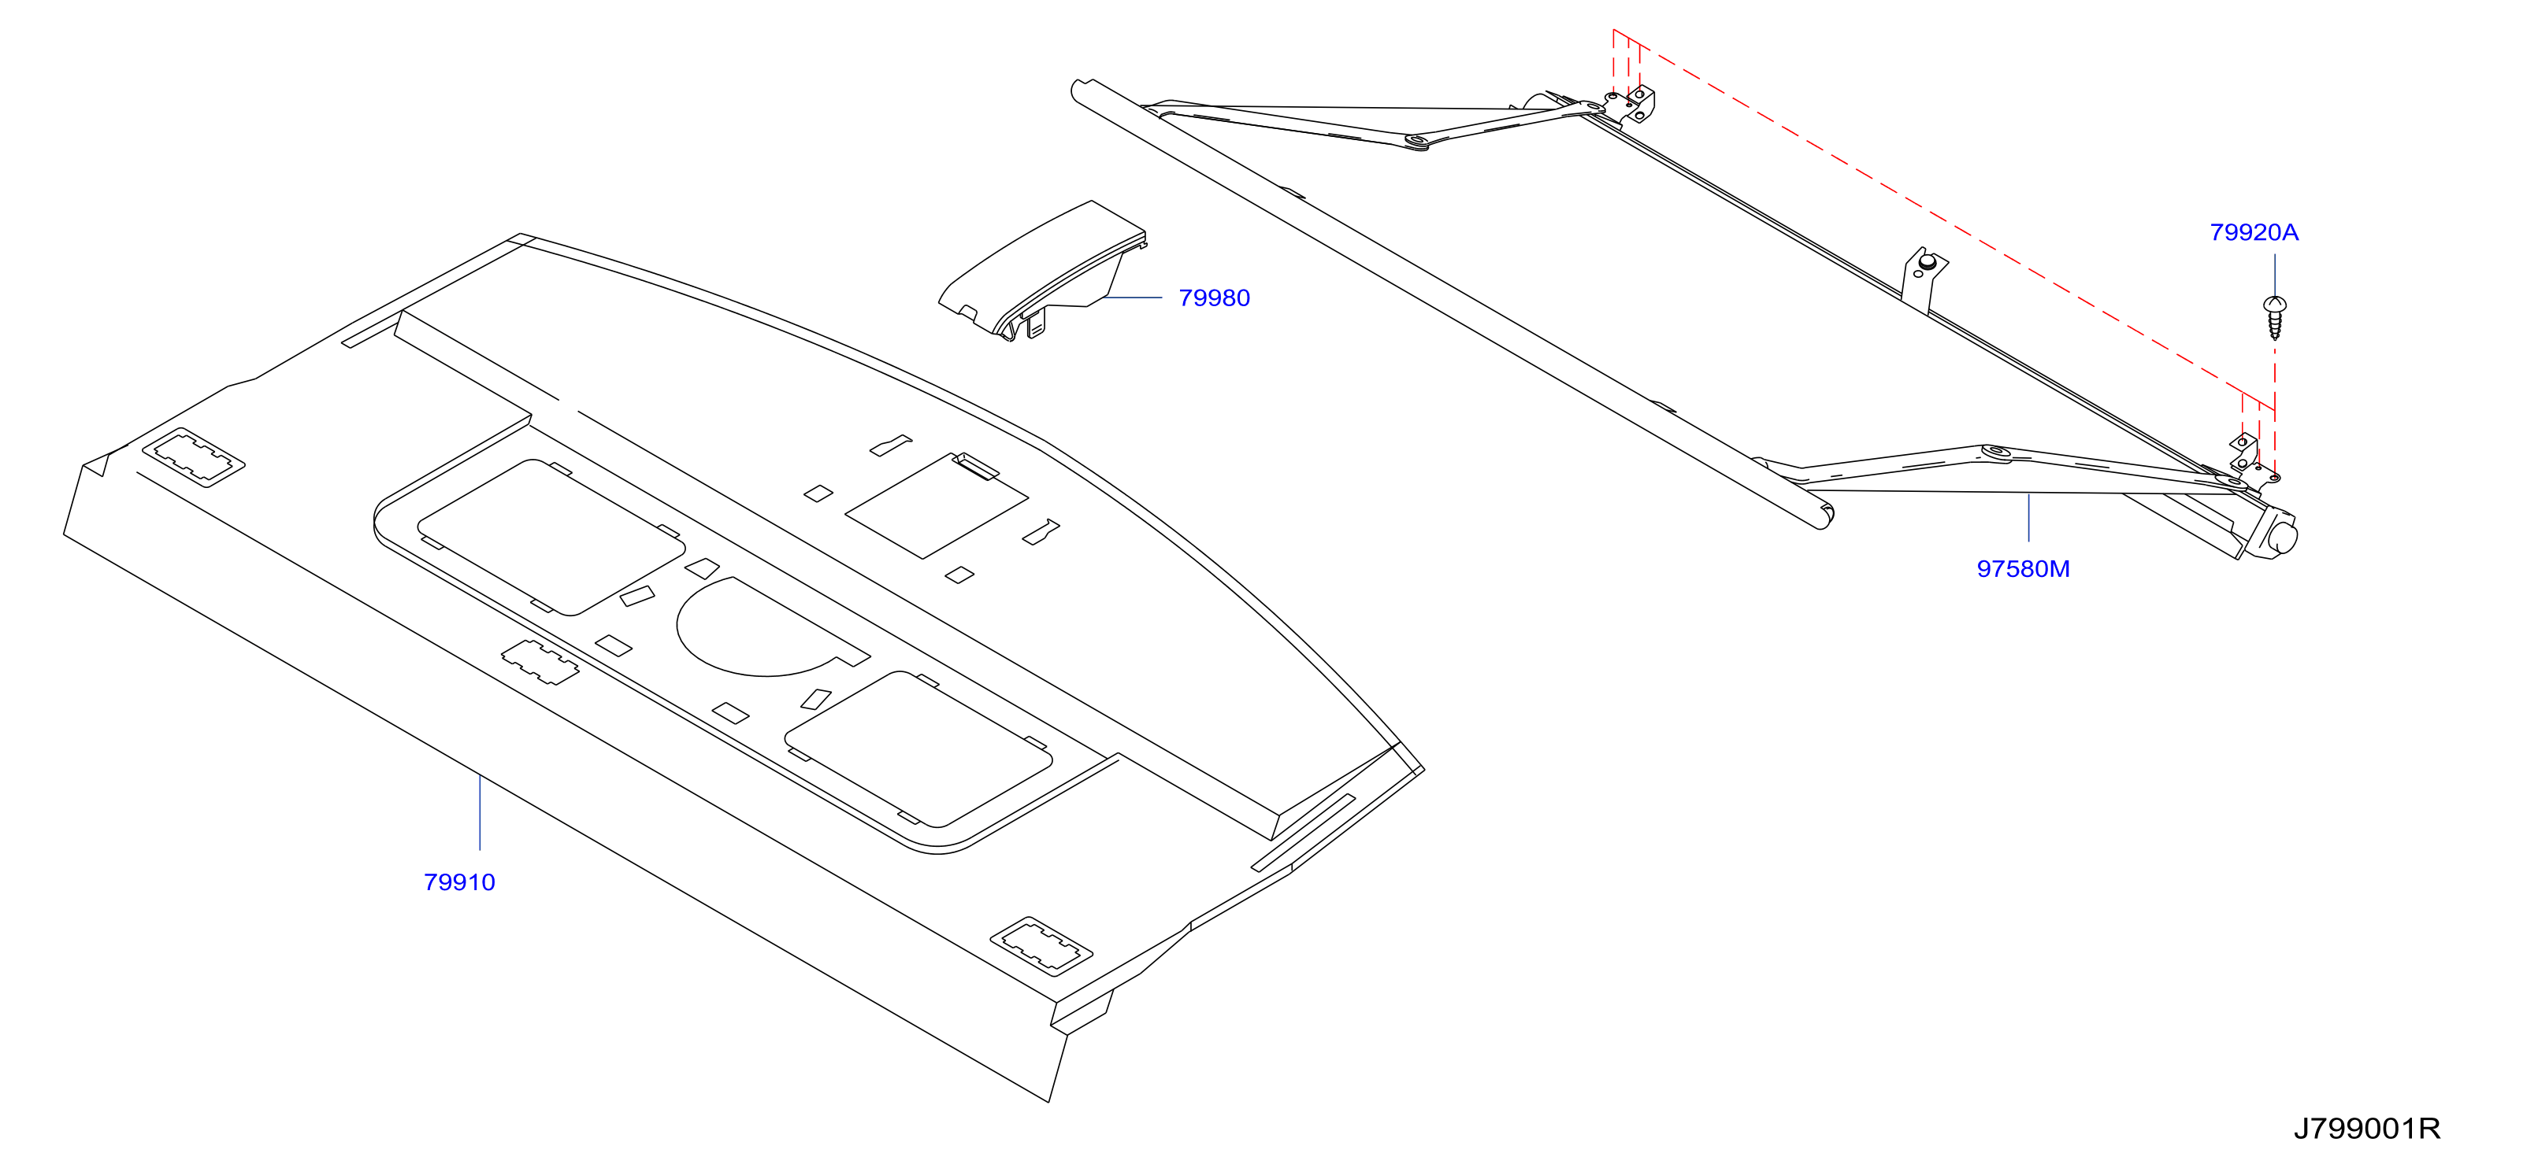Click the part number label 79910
pos(459,882)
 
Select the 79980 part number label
pos(1214,298)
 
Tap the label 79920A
pos(2254,232)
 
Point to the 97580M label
pos(2023,568)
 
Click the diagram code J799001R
pos(2366,1128)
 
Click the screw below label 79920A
pos(2274,317)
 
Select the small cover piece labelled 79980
pos(1042,271)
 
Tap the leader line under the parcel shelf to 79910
pos(480,812)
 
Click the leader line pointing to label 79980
pos(1133,297)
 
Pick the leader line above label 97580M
pos(2028,517)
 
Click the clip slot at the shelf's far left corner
pos(193,458)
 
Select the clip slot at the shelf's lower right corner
pos(1041,945)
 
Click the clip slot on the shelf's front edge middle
pos(540,662)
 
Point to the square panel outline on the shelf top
pos(936,506)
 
